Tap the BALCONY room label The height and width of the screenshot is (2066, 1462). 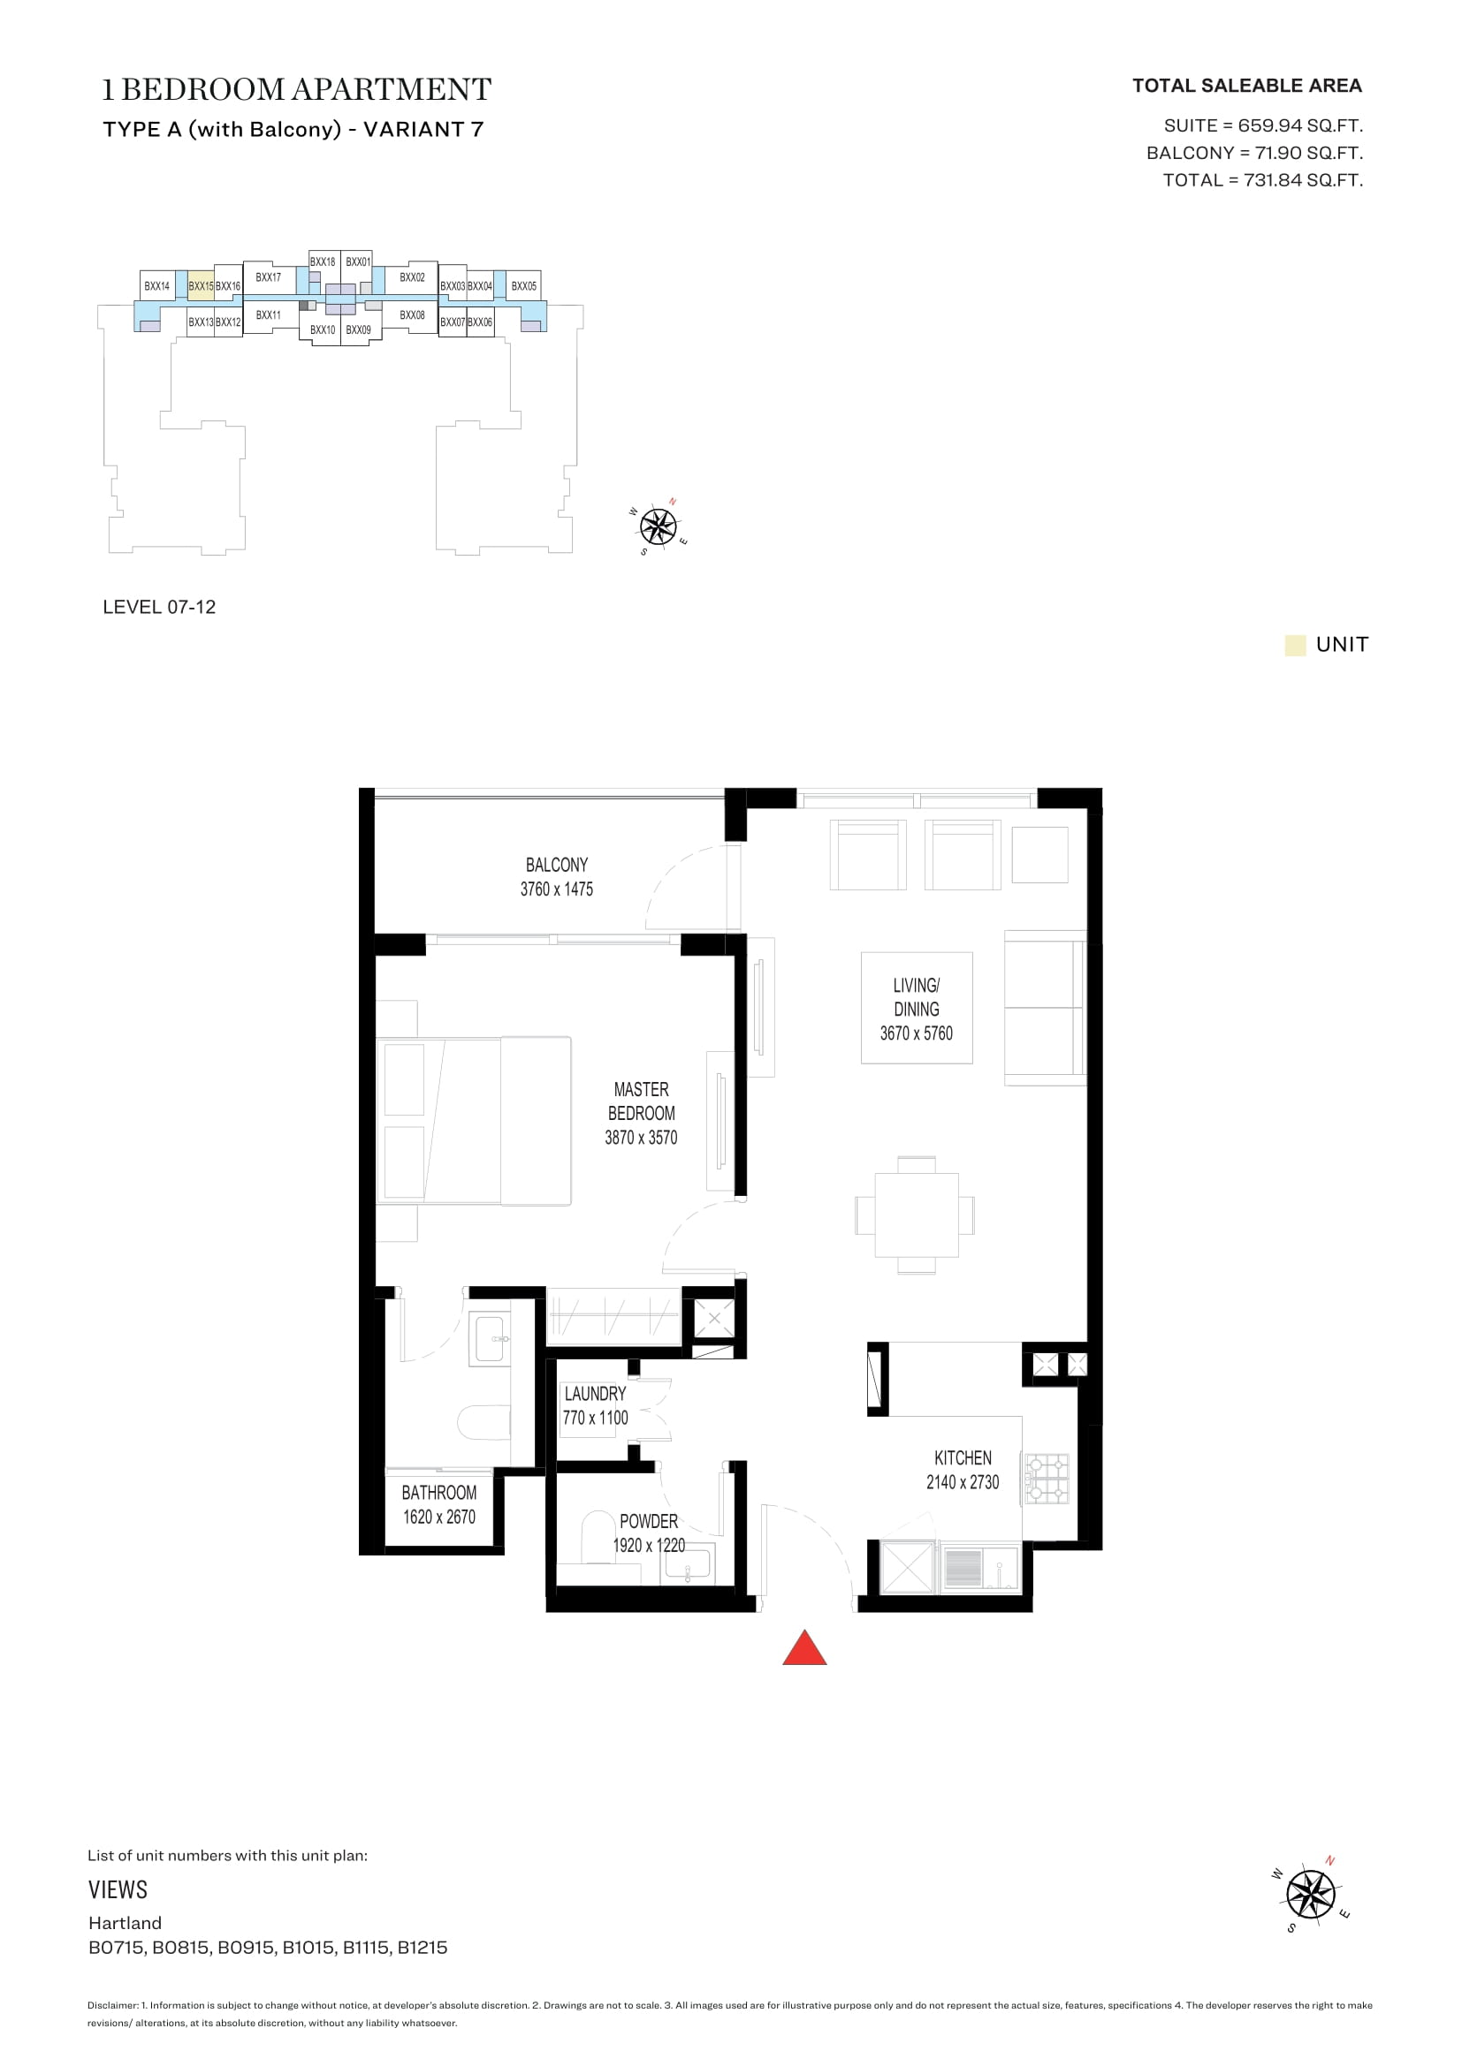[556, 865]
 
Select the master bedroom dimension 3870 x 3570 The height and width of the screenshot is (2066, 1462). [641, 1138]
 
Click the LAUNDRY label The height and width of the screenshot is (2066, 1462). [595, 1394]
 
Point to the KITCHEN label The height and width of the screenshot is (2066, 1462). [963, 1457]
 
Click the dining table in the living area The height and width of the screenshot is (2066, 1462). [916, 1215]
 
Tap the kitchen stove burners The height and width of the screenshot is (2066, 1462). [1046, 1479]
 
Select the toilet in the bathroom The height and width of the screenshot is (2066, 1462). [484, 1423]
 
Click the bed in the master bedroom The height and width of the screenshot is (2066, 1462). [474, 1120]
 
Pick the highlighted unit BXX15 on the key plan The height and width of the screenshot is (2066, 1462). [201, 286]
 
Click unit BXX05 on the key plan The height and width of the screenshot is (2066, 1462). [523, 286]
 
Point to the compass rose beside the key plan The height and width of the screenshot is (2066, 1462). [659, 526]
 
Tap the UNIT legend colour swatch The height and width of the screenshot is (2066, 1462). [1295, 645]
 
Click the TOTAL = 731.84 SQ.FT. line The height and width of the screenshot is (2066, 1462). [1262, 180]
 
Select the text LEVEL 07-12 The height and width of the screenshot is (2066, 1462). [159, 608]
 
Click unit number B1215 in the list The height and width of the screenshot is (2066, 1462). [423, 1948]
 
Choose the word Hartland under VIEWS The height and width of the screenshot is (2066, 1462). [126, 1923]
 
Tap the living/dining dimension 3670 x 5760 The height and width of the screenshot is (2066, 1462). [916, 1033]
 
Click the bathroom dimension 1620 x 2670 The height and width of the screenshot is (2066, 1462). [439, 1517]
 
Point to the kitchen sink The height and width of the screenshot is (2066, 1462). [978, 1567]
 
